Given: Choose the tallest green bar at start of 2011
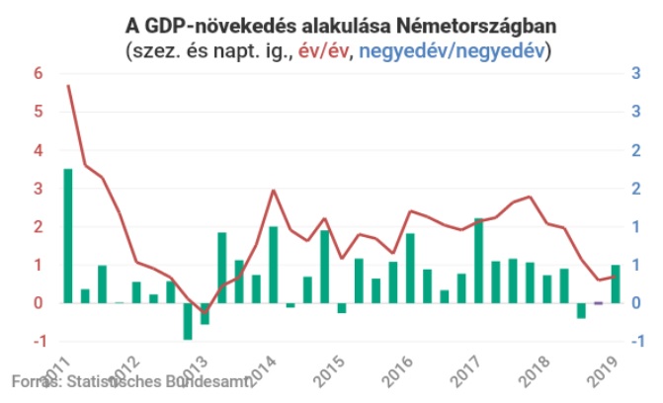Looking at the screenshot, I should click(x=68, y=236).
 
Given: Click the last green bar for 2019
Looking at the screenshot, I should click(x=616, y=283).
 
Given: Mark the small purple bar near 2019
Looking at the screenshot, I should click(x=598, y=304).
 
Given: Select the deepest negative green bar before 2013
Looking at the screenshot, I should click(x=188, y=321).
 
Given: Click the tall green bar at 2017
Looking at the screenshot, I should click(x=479, y=261).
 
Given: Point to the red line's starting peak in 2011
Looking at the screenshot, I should click(x=68, y=86).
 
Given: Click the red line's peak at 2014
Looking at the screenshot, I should click(x=273, y=191).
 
